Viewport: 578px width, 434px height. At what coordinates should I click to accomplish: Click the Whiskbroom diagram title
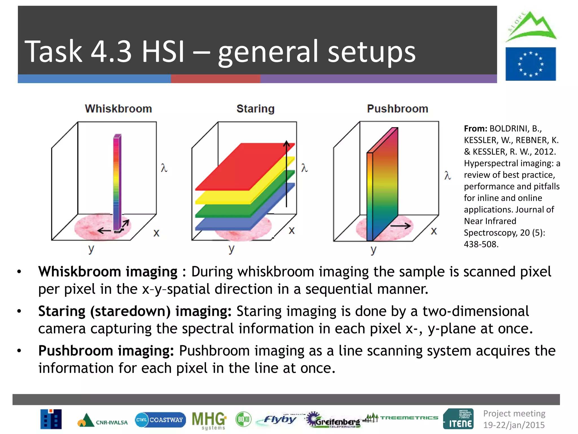click(x=118, y=109)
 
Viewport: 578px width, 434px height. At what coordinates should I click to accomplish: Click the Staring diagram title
click(x=255, y=109)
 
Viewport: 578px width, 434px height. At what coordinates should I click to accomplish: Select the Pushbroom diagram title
click(x=397, y=109)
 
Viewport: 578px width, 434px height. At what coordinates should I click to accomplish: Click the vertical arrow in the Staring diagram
click(x=286, y=174)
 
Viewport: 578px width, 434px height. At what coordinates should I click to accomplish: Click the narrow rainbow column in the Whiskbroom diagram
click(x=117, y=181)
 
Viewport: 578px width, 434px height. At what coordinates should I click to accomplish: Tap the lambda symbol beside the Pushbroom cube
click(x=447, y=175)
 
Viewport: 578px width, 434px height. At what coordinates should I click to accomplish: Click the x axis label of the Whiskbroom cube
click(x=156, y=233)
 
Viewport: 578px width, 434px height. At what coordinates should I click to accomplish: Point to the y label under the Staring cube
click(x=231, y=249)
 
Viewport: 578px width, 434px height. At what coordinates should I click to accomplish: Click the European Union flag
click(x=531, y=64)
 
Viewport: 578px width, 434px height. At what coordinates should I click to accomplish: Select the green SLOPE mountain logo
click(x=531, y=27)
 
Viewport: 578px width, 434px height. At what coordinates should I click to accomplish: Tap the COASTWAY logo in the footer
click(x=160, y=420)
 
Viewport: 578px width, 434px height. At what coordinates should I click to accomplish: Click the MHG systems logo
click(x=209, y=420)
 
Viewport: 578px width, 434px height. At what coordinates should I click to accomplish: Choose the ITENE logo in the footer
click(x=458, y=419)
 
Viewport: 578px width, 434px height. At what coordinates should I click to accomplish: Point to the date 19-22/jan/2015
click(x=514, y=425)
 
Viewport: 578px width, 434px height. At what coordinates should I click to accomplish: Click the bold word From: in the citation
click(x=476, y=129)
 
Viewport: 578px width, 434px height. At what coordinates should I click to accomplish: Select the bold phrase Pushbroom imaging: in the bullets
click(x=106, y=351)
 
